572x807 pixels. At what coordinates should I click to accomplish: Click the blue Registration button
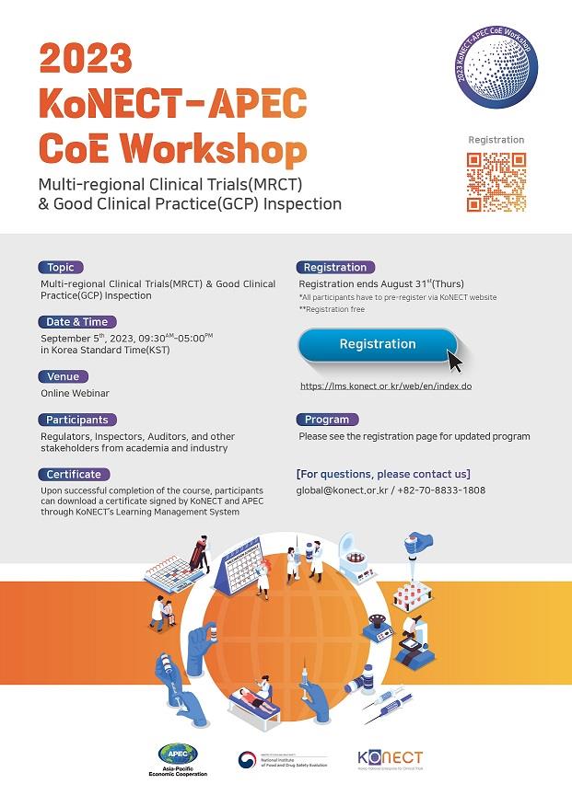(x=377, y=344)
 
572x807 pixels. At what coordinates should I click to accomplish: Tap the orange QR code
(x=496, y=182)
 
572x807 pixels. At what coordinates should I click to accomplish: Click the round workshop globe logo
(x=496, y=69)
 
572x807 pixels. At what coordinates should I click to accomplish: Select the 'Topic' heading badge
(x=61, y=268)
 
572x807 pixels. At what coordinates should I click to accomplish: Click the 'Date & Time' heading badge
(x=77, y=322)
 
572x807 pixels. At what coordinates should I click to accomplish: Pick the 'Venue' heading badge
(x=64, y=376)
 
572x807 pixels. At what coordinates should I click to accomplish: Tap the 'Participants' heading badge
(x=78, y=420)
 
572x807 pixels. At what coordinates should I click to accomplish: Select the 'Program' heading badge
(x=327, y=420)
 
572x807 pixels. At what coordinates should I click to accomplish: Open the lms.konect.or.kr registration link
(x=386, y=386)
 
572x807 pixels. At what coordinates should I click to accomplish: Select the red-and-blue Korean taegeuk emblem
(x=247, y=760)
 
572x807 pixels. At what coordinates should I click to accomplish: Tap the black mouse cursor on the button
(x=454, y=359)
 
